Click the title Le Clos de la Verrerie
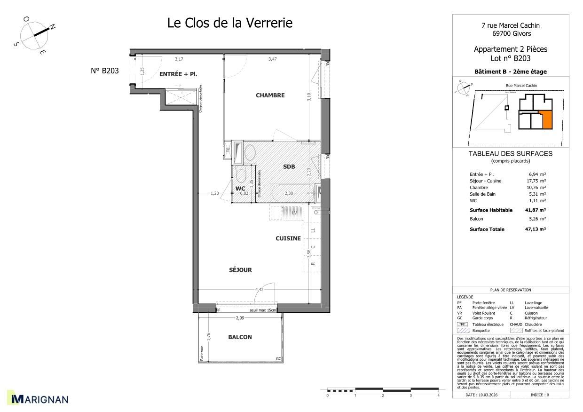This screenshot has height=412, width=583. [x=230, y=23]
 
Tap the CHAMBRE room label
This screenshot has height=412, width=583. [x=270, y=95]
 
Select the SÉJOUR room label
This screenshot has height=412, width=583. [x=240, y=270]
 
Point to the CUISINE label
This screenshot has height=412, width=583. [x=288, y=238]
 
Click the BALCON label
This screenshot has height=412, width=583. [x=240, y=337]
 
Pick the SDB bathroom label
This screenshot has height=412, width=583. [x=289, y=167]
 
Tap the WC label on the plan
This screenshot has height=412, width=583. [x=240, y=189]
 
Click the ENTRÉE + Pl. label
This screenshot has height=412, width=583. [x=178, y=75]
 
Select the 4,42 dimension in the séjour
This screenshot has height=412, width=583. [x=259, y=290]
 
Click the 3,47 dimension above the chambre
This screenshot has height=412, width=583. [x=273, y=59]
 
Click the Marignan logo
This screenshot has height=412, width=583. [x=39, y=399]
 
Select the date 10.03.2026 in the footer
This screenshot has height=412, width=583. [x=485, y=395]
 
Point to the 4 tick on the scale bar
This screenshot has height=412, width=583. [x=438, y=396]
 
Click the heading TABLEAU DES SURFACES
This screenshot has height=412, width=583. [x=510, y=154]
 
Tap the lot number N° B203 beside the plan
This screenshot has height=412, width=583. [x=104, y=71]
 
